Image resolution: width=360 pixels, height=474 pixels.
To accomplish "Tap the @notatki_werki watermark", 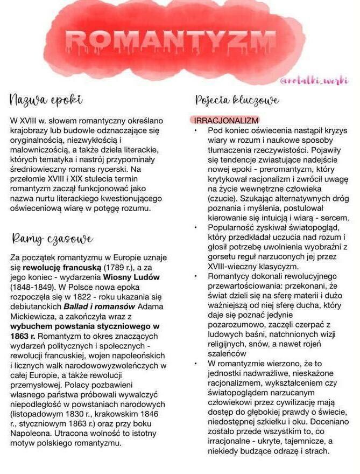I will pos(314,81).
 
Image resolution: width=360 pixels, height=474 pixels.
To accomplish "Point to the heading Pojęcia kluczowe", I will pos(237,100).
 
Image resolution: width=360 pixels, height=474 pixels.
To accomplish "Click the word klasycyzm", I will pos(272,267).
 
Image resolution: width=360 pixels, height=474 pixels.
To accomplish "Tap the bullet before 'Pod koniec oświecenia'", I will pos(196,130).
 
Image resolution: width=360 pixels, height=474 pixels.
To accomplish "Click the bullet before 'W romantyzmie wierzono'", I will pos(196,364).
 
